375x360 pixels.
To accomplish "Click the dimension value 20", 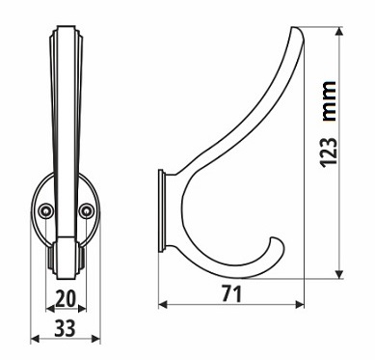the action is (x=66, y=298).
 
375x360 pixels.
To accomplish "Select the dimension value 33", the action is (x=65, y=328).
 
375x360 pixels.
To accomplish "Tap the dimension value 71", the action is (x=231, y=294).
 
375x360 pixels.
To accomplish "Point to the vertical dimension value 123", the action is (x=329, y=152).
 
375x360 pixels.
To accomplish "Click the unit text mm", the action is (x=329, y=101).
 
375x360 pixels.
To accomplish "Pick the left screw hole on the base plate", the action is (x=45, y=210).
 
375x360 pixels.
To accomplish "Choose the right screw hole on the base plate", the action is (x=86, y=210).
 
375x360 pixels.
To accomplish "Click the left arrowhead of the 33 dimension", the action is (x=35, y=339).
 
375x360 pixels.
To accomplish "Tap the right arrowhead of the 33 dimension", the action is (x=96, y=339).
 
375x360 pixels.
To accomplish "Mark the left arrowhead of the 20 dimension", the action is (x=50, y=309).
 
